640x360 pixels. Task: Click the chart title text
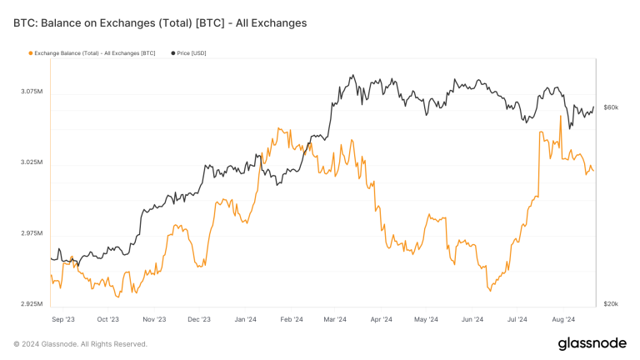(160, 23)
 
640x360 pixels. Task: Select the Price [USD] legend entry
(191, 53)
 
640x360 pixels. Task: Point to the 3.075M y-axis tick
(31, 91)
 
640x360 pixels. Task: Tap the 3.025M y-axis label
(31, 162)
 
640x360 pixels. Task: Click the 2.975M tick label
(31, 232)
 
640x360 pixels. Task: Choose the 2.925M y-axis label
(31, 303)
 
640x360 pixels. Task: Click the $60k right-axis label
(611, 107)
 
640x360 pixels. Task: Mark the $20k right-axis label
(611, 303)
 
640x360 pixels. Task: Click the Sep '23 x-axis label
(63, 318)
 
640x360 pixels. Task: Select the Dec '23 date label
(199, 318)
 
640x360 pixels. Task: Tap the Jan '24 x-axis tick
(245, 318)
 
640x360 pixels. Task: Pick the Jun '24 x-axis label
(472, 318)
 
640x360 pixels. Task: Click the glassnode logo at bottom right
(592, 343)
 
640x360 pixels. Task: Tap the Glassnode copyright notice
(80, 343)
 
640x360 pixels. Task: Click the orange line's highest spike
(560, 116)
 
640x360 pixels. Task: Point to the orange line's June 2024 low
(490, 291)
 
